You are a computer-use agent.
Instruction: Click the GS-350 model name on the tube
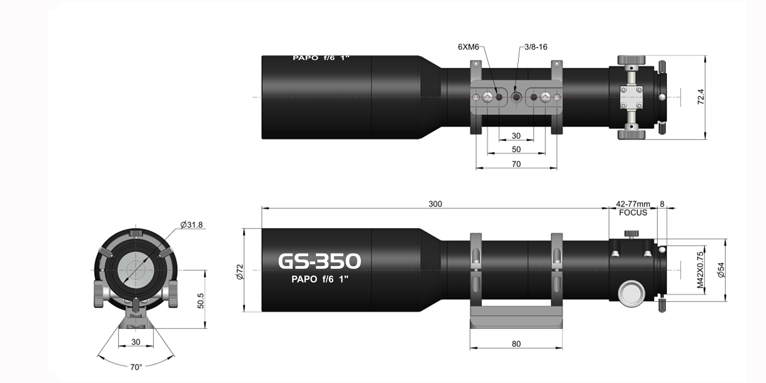pyautogui.click(x=319, y=261)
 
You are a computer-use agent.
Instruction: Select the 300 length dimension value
pyautogui.click(x=435, y=204)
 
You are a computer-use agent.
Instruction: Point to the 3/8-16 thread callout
pyautogui.click(x=536, y=47)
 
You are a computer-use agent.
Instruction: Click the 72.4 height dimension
pyautogui.click(x=701, y=97)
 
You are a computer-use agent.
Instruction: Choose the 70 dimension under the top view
pyautogui.click(x=516, y=164)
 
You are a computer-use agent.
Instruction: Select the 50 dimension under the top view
pyautogui.click(x=516, y=149)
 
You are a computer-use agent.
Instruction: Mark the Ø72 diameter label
pyautogui.click(x=240, y=271)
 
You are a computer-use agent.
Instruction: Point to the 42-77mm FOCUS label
pyautogui.click(x=633, y=208)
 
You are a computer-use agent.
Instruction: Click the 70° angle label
pyautogui.click(x=136, y=367)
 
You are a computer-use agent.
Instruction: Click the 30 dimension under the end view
pyautogui.click(x=136, y=342)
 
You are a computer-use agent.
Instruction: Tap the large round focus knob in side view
pyautogui.click(x=631, y=293)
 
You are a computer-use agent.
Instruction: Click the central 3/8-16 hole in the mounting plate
pyautogui.click(x=516, y=97)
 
